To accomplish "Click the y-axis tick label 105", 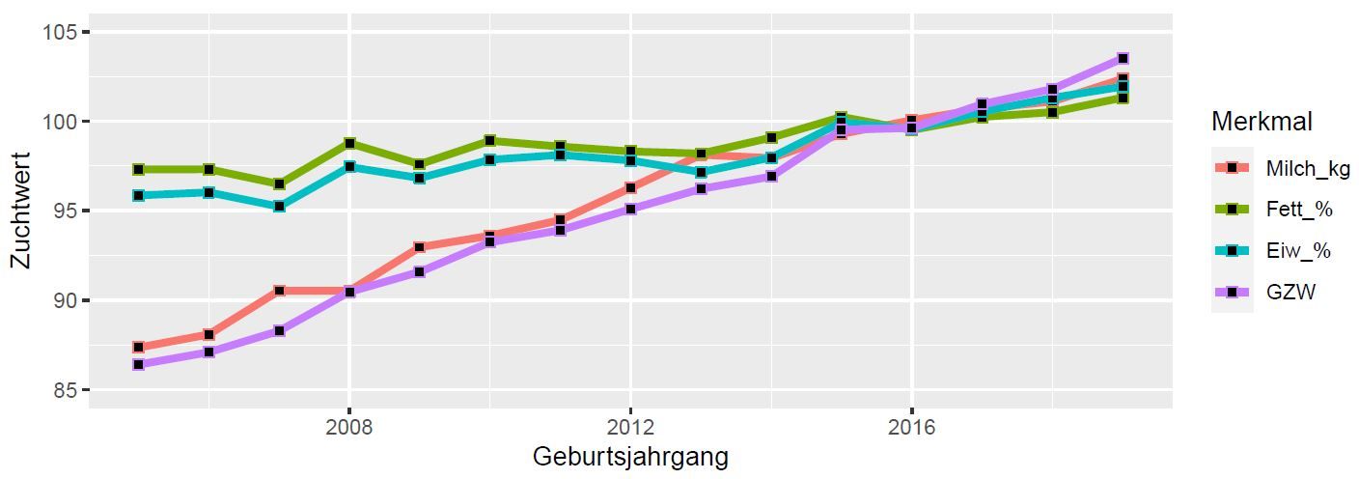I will (61, 32).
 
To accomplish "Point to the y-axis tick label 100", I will (61, 122).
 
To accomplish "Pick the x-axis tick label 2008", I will (348, 427).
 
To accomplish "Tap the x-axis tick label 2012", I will (629, 427).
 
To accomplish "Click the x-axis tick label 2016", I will (911, 427).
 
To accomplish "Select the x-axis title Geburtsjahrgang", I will (629, 457).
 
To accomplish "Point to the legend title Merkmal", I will (1262, 123).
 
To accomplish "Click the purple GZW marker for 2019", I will (1123, 59).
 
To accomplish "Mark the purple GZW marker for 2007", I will (279, 331).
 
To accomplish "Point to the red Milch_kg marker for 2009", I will (419, 247).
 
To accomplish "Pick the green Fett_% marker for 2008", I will (349, 143).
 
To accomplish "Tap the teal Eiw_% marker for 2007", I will (279, 207).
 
